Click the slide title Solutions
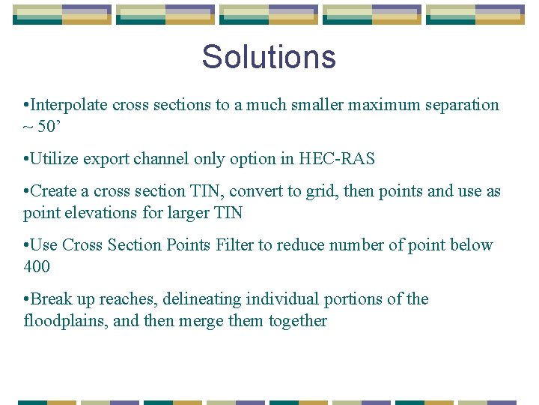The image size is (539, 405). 269,57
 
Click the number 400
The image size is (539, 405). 37,266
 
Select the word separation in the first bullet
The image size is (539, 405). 464,105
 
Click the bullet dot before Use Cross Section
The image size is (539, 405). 26,245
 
